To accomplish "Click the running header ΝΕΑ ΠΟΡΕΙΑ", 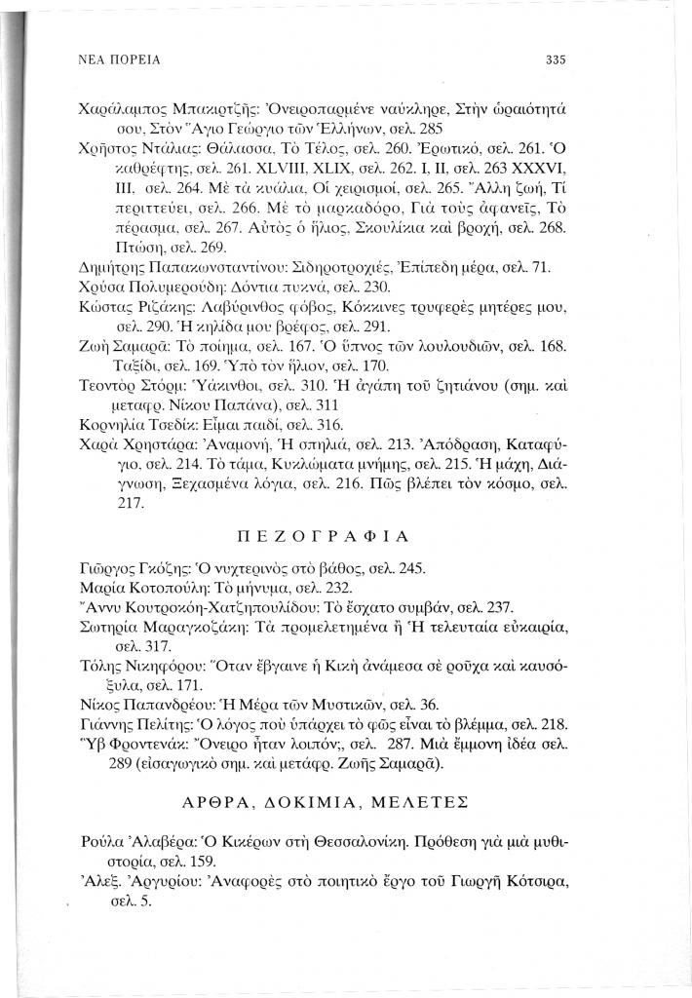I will pos(112,59).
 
